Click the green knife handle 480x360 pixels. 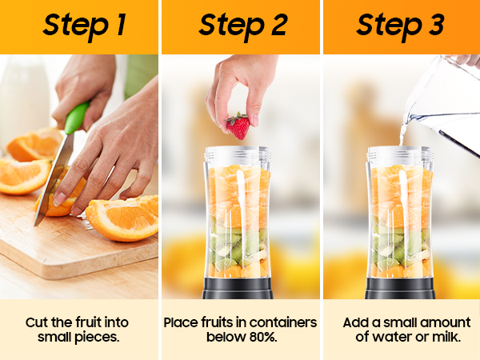(x=76, y=118)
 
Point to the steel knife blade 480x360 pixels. (x=54, y=181)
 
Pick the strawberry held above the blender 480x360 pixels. (x=238, y=126)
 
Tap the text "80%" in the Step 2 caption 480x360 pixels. (x=263, y=337)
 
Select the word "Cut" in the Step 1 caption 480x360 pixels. (x=37, y=322)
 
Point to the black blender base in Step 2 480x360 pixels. (x=238, y=288)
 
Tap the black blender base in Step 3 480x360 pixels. (x=400, y=288)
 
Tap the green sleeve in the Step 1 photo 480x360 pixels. (x=141, y=75)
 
